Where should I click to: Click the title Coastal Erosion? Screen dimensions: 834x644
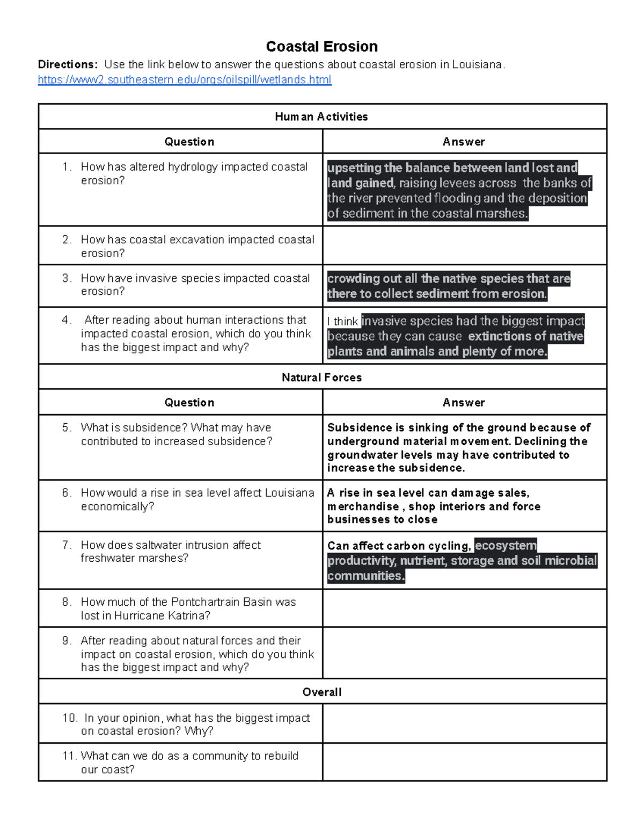[x=321, y=47]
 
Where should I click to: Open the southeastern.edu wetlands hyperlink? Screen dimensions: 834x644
[x=184, y=80]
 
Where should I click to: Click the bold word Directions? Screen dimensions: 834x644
[x=67, y=64]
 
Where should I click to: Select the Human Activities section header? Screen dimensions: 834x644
[x=321, y=117]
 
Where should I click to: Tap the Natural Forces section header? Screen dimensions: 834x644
[x=321, y=378]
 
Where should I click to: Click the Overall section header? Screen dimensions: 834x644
[x=321, y=692]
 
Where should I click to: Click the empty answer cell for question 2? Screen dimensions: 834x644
[x=464, y=245]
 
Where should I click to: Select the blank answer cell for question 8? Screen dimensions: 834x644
[x=464, y=608]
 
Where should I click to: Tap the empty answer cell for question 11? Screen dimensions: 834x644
[x=464, y=762]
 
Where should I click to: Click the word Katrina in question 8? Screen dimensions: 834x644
[x=186, y=615]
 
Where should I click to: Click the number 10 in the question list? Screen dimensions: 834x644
[x=69, y=718]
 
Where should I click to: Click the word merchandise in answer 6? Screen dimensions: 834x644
[x=363, y=506]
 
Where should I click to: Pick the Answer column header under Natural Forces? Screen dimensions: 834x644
[x=464, y=402]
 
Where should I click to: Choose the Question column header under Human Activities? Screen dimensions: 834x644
[x=189, y=142]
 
